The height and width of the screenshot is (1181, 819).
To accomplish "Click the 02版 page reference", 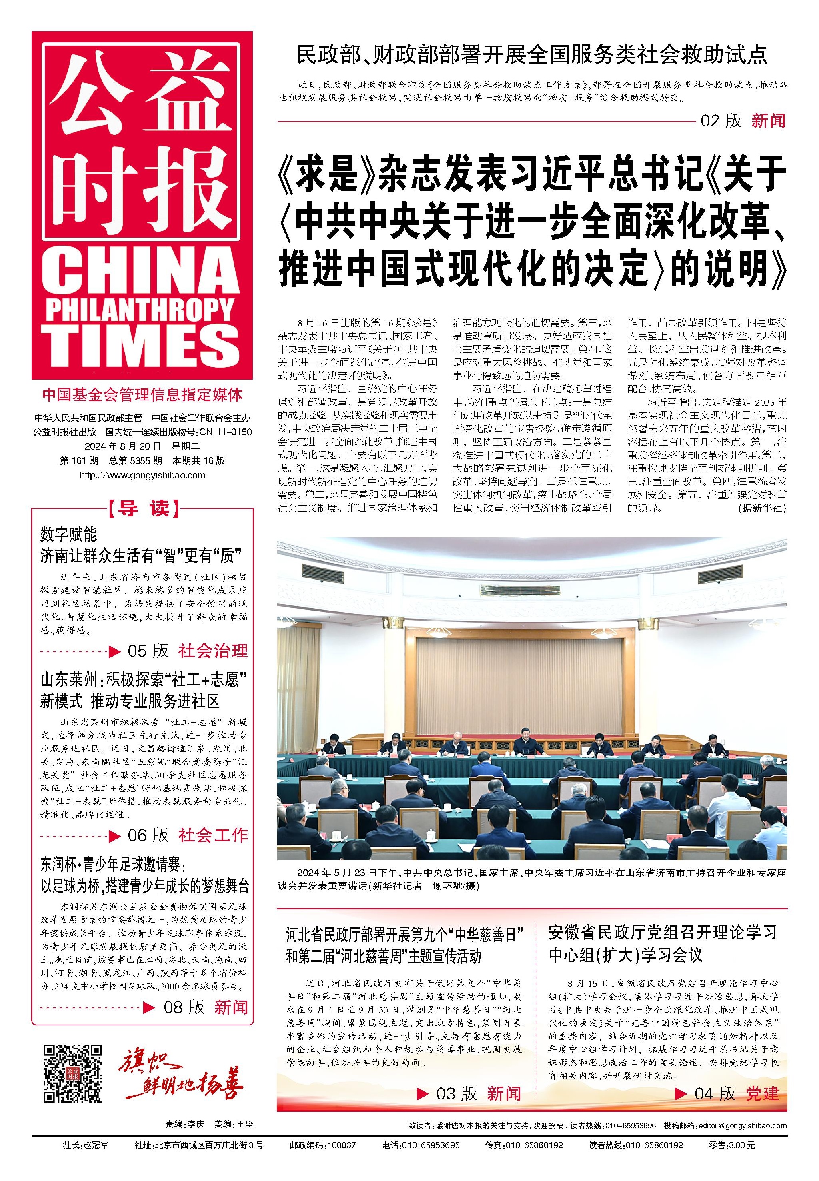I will point(721,121).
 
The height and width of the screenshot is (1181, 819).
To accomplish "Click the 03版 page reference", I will point(456,1094).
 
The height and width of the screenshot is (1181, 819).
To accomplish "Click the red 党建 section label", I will point(763,1094).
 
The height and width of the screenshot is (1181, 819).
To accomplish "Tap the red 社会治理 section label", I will point(213,651).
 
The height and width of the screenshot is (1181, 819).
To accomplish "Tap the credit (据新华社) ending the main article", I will point(762,508).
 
